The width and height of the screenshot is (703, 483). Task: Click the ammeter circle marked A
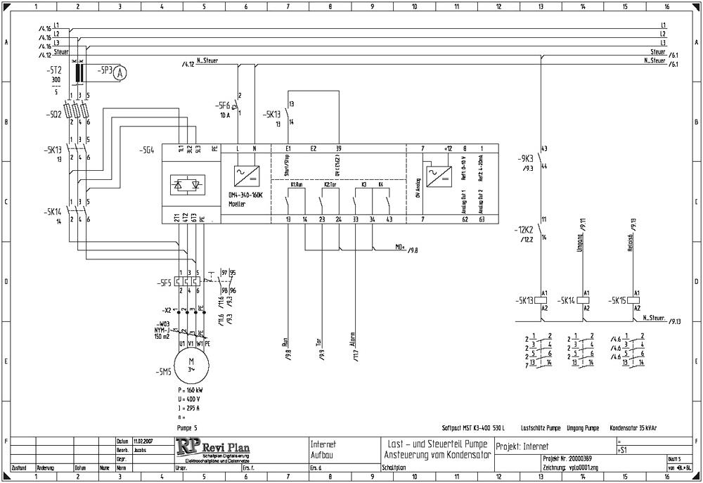[x=121, y=72]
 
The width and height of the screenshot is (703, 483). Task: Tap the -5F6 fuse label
[x=224, y=105]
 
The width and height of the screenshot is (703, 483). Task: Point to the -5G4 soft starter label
[x=147, y=149]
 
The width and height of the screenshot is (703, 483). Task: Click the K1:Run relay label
[x=296, y=184]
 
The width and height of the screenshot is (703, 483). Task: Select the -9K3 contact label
[x=523, y=158]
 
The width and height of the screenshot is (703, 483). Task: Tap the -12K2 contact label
[x=523, y=229]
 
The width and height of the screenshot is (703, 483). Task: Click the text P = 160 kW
[x=191, y=389]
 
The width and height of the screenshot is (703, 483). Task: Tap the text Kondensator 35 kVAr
[x=634, y=427]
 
